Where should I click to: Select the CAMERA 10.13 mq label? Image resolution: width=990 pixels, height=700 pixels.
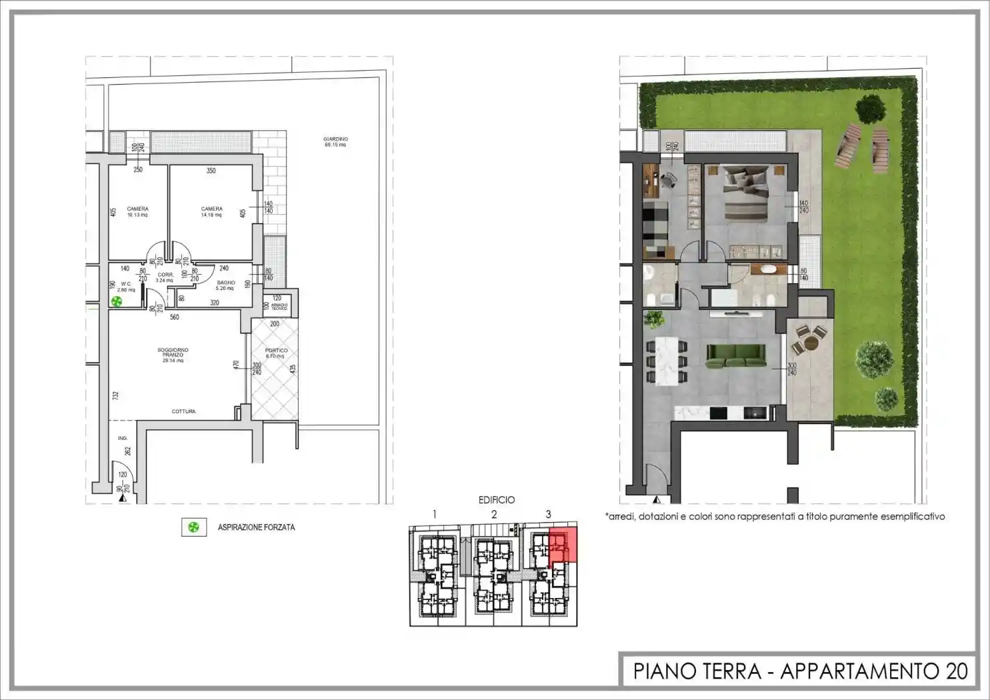point(137,211)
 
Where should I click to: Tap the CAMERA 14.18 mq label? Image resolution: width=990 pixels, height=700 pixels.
point(212,211)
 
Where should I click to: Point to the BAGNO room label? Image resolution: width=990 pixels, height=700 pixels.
point(225,285)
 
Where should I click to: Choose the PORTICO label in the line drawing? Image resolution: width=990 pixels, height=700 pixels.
point(276,353)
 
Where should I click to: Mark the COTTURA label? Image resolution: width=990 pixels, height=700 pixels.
point(183,411)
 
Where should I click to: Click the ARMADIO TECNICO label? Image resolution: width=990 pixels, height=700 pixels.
point(279,307)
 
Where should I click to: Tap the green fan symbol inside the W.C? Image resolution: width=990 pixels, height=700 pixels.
point(117,301)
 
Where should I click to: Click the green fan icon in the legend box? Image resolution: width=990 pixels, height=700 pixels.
point(193,527)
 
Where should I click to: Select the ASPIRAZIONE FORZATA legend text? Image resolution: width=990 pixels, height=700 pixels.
point(256,527)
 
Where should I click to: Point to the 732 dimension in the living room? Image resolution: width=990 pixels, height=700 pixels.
point(115,395)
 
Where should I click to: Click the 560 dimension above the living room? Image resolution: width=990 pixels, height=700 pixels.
point(174,317)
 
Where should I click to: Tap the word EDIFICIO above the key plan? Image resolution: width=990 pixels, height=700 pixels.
point(496,499)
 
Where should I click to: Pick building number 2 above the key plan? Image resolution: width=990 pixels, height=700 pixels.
point(494,514)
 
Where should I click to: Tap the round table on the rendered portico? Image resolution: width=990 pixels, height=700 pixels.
point(811,343)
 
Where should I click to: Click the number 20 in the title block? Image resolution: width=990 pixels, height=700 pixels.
point(956,671)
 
